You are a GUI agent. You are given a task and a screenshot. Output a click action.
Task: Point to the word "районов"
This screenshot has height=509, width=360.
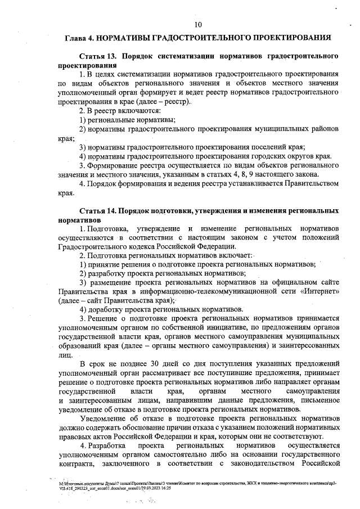click(x=322, y=129)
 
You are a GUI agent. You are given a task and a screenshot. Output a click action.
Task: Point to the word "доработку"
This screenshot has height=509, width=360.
click(x=109, y=309)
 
